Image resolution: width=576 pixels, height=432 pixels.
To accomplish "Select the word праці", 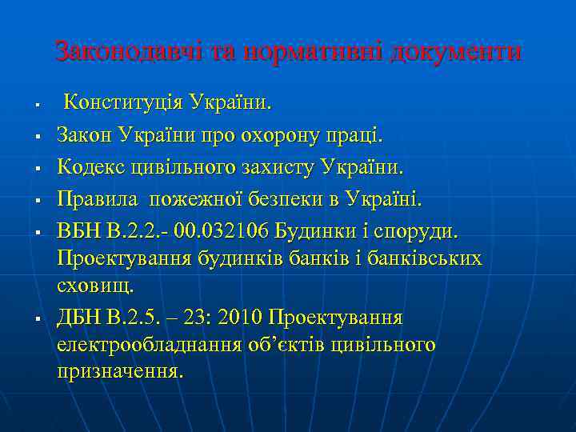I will (358, 137).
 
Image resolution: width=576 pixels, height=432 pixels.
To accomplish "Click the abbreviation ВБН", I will (79, 232).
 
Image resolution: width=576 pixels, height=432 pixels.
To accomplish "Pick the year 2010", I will (238, 318).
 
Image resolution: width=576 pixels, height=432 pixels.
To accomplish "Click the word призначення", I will (120, 372).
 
